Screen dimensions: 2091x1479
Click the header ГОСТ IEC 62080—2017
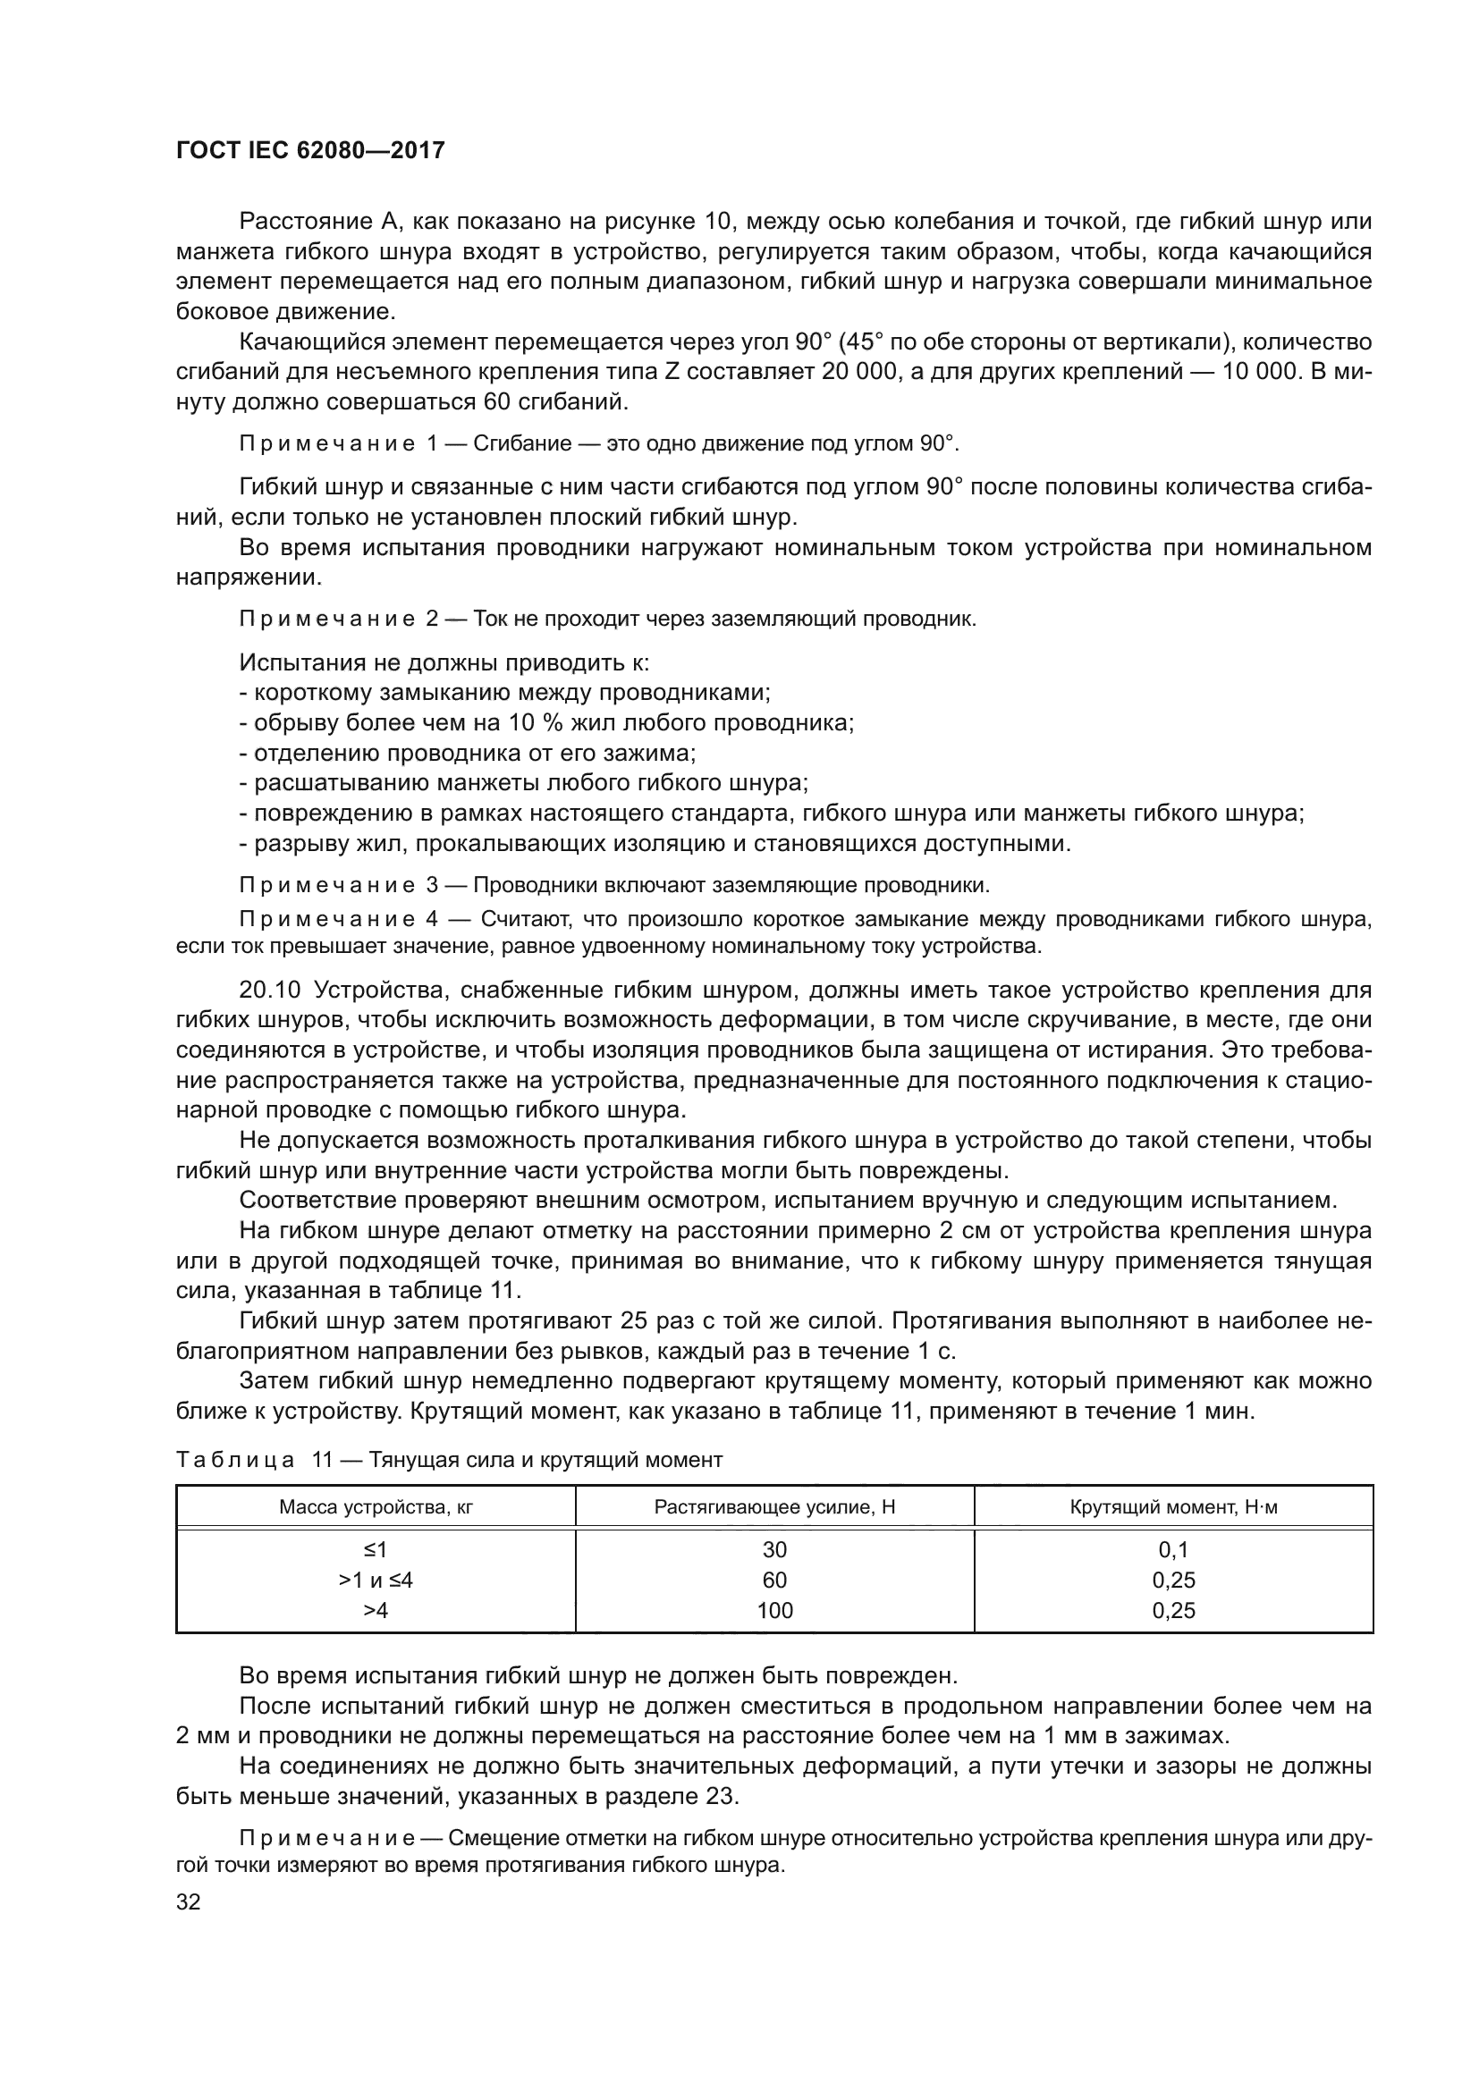coord(309,150)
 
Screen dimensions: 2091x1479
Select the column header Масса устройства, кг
coord(376,1506)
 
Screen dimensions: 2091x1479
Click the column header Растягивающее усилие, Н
coord(774,1506)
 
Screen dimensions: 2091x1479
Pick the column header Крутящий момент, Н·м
coord(1173,1506)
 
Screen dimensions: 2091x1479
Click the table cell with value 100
coord(774,1610)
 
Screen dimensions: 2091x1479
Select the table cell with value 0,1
coord(1173,1550)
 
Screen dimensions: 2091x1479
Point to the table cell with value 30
coord(774,1550)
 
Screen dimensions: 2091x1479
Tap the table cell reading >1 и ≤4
coord(376,1580)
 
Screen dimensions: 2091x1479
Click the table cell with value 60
coord(774,1580)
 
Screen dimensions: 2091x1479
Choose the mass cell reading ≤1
coord(376,1550)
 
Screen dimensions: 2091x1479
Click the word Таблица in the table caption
coord(235,1461)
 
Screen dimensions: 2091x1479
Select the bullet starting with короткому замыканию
coord(505,692)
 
